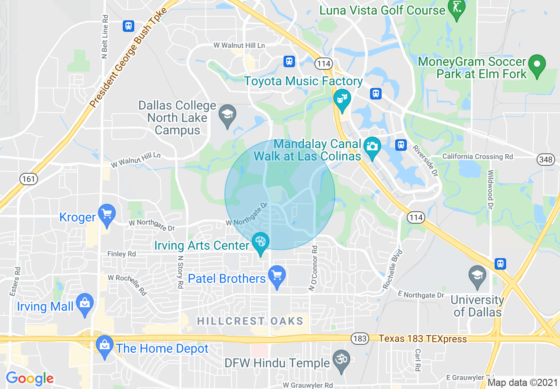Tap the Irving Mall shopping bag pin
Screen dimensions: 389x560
[x=84, y=304]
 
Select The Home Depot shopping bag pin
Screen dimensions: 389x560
[x=105, y=345]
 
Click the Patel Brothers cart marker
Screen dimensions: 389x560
[x=277, y=276]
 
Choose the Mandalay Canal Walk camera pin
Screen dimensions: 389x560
[x=372, y=146]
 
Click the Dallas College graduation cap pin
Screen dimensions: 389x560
[x=227, y=114]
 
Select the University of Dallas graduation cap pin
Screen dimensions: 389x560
[x=477, y=275]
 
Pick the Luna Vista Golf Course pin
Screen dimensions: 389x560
[x=456, y=8]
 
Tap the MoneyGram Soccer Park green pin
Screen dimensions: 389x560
[x=537, y=65]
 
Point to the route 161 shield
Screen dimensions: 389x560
[x=29, y=179]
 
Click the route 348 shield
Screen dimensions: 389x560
[x=546, y=160]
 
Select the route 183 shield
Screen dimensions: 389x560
[x=360, y=339]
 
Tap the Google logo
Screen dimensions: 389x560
[x=30, y=378]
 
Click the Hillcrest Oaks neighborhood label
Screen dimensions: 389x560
[x=250, y=321]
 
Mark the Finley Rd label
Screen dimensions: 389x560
[x=121, y=254]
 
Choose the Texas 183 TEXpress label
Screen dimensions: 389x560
[x=423, y=339]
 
